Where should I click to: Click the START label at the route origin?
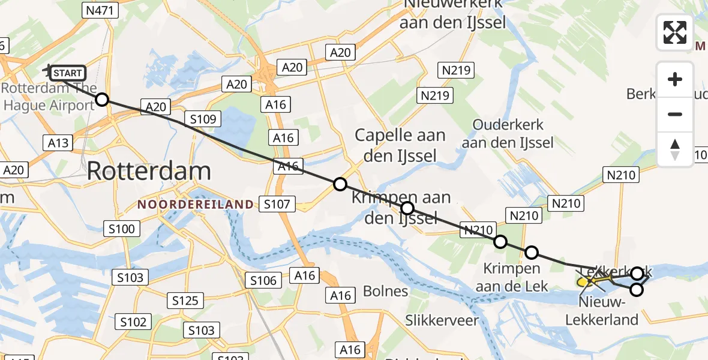[68, 73]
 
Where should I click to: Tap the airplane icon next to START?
[49, 71]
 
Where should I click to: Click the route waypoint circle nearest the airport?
[103, 100]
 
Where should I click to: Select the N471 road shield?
[101, 10]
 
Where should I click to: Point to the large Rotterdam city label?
[149, 172]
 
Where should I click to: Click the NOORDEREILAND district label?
[196, 205]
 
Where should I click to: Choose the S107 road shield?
[277, 204]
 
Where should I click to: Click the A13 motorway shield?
[58, 143]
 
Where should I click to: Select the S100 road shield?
[122, 228]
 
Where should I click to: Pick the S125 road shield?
[185, 300]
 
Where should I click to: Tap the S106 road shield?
[263, 280]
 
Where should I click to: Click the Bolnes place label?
[386, 292]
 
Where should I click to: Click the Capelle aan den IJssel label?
[400, 145]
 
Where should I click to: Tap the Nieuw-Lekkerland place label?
[602, 311]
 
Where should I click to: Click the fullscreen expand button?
[675, 32]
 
